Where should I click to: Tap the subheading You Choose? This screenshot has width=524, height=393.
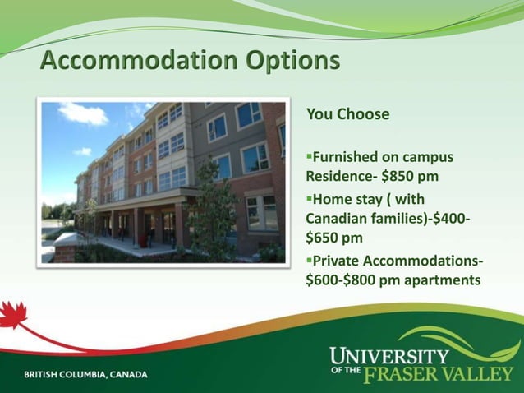pyautogui.click(x=347, y=114)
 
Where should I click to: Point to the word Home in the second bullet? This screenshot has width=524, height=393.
pyautogui.click(x=333, y=199)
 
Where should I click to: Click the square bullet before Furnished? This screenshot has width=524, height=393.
pyautogui.click(x=309, y=156)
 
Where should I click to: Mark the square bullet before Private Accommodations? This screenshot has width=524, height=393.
pyautogui.click(x=309, y=261)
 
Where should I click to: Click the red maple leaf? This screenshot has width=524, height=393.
pyautogui.click(x=14, y=316)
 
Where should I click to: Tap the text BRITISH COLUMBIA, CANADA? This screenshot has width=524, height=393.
pyautogui.click(x=86, y=375)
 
